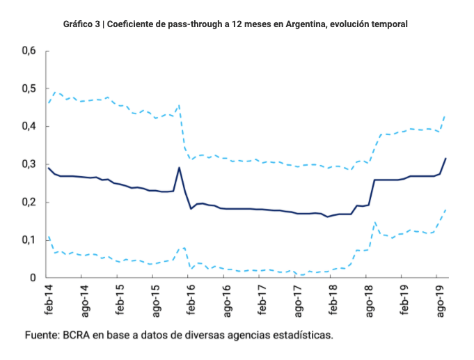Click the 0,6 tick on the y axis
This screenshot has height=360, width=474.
pos(29,51)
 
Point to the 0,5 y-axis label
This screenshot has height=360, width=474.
pos(29,88)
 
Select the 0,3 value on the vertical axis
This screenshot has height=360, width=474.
pos(29,164)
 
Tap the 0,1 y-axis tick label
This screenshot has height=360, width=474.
pos(29,240)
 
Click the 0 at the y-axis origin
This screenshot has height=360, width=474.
pos(33,278)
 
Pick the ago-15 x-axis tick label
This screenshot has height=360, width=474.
pos(155,298)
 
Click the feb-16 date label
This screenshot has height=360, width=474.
pos(191,298)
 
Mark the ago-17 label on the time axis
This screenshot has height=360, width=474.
pos(297,298)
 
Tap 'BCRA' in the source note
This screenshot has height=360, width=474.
pos(81,335)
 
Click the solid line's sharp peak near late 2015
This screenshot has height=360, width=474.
pos(179,167)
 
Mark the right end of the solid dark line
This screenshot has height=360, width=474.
pos(446,159)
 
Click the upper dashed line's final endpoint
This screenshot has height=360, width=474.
pos(446,116)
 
